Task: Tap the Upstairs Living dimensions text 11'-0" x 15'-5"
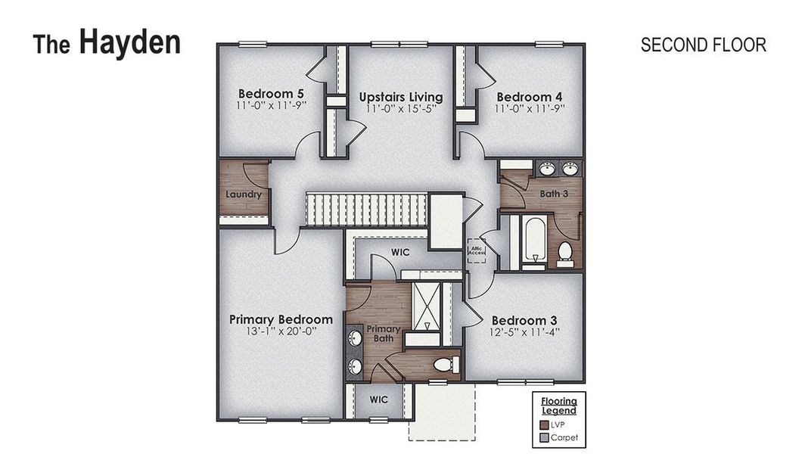click(x=401, y=110)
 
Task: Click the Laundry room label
click(x=244, y=194)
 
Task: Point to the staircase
click(x=366, y=208)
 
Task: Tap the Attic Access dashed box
click(x=477, y=250)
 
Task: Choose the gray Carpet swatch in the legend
click(x=544, y=437)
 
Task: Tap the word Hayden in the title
click(x=129, y=42)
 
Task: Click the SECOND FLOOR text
click(x=703, y=45)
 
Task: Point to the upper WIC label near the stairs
click(x=400, y=251)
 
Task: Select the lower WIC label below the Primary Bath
click(x=378, y=399)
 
